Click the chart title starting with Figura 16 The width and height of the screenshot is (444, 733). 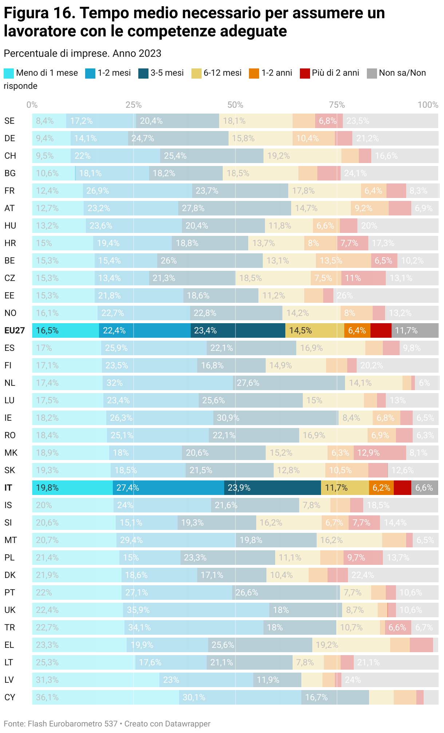click(x=194, y=22)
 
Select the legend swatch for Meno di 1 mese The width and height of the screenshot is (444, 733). click(x=9, y=73)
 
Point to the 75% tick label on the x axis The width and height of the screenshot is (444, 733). click(x=337, y=105)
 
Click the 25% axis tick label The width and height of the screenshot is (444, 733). click(x=134, y=105)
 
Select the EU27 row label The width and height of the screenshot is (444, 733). click(x=15, y=330)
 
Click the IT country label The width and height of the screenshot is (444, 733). click(x=8, y=488)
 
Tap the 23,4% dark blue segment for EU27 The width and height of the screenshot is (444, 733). click(x=238, y=330)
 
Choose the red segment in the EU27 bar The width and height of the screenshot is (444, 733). click(x=381, y=330)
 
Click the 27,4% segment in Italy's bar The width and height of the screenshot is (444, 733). click(x=168, y=488)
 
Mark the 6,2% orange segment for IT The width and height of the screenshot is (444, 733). click(x=381, y=488)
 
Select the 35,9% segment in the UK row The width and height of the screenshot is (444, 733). click(x=196, y=610)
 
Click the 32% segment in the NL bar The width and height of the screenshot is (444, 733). click(x=167, y=383)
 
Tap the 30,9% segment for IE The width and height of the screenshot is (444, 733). click(x=275, y=418)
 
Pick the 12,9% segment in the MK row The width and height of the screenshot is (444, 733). click(x=380, y=453)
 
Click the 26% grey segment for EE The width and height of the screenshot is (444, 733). click(x=385, y=296)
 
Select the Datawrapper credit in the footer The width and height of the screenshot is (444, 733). click(x=167, y=724)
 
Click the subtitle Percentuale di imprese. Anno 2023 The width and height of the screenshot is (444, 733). click(x=83, y=53)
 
